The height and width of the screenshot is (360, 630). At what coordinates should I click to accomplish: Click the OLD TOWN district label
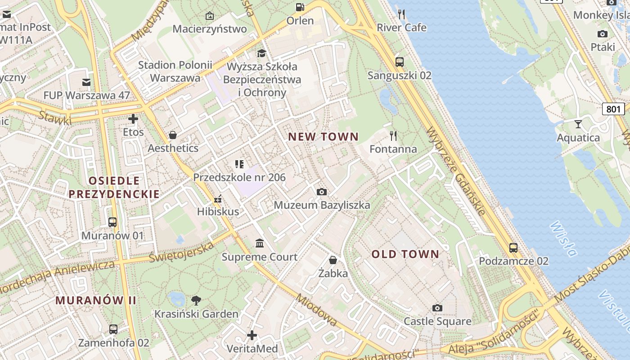click(405, 254)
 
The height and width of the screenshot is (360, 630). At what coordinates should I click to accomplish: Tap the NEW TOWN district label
click(323, 137)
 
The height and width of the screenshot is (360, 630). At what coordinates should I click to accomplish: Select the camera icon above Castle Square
click(437, 308)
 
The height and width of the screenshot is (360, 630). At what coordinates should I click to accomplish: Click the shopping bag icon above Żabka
click(333, 260)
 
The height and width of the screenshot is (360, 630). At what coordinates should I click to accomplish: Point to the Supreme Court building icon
click(260, 243)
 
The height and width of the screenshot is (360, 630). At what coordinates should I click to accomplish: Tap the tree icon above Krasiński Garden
click(196, 301)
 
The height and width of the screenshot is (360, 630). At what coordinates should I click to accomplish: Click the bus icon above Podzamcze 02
click(513, 247)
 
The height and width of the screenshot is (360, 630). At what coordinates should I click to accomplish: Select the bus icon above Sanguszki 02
click(399, 62)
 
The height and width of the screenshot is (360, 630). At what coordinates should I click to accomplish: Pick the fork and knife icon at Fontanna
click(393, 136)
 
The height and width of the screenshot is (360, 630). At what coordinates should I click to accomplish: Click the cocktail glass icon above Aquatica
click(578, 124)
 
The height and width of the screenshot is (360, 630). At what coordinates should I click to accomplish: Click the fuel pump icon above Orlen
click(300, 7)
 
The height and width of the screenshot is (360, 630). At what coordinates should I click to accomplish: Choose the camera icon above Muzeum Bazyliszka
click(322, 192)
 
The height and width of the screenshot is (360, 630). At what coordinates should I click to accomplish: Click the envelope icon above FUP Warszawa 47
click(86, 82)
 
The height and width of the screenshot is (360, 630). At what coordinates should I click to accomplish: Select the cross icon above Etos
click(133, 119)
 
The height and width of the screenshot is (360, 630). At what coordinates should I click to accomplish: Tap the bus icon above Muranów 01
click(112, 222)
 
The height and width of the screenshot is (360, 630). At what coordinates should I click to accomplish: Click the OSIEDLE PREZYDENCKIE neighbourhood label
click(114, 187)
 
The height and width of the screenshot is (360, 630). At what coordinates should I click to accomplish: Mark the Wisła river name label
click(563, 238)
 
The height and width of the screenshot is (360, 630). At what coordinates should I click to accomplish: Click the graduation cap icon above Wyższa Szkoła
click(261, 54)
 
